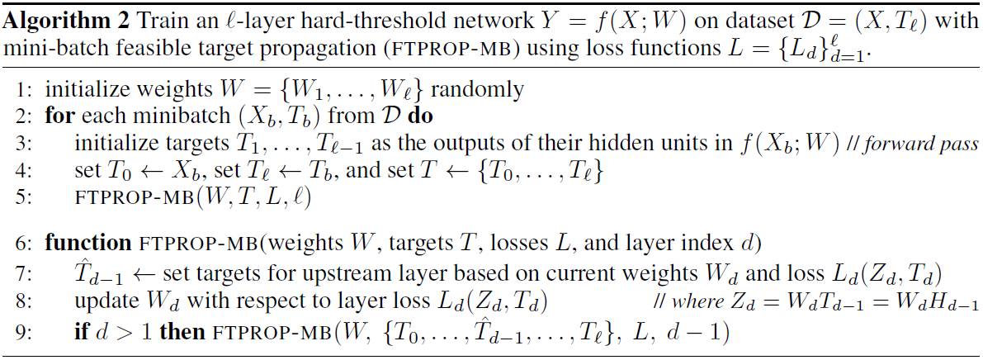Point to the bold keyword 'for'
[59, 116]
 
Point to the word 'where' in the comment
[694, 301]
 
